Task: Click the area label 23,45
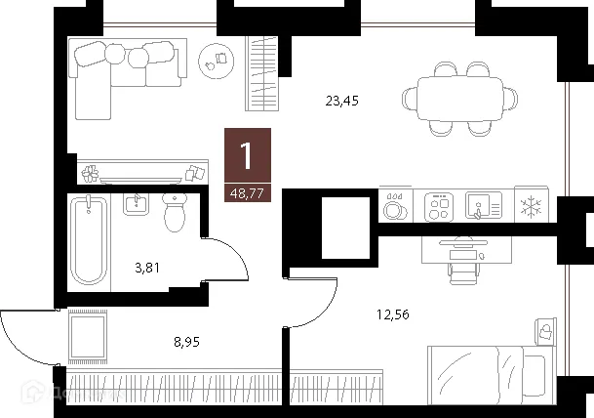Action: click(340, 99)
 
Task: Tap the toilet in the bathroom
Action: click(176, 212)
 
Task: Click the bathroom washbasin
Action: click(136, 203)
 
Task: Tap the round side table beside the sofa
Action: click(214, 61)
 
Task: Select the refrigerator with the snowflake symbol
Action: click(532, 207)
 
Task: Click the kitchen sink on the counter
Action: click(483, 206)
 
